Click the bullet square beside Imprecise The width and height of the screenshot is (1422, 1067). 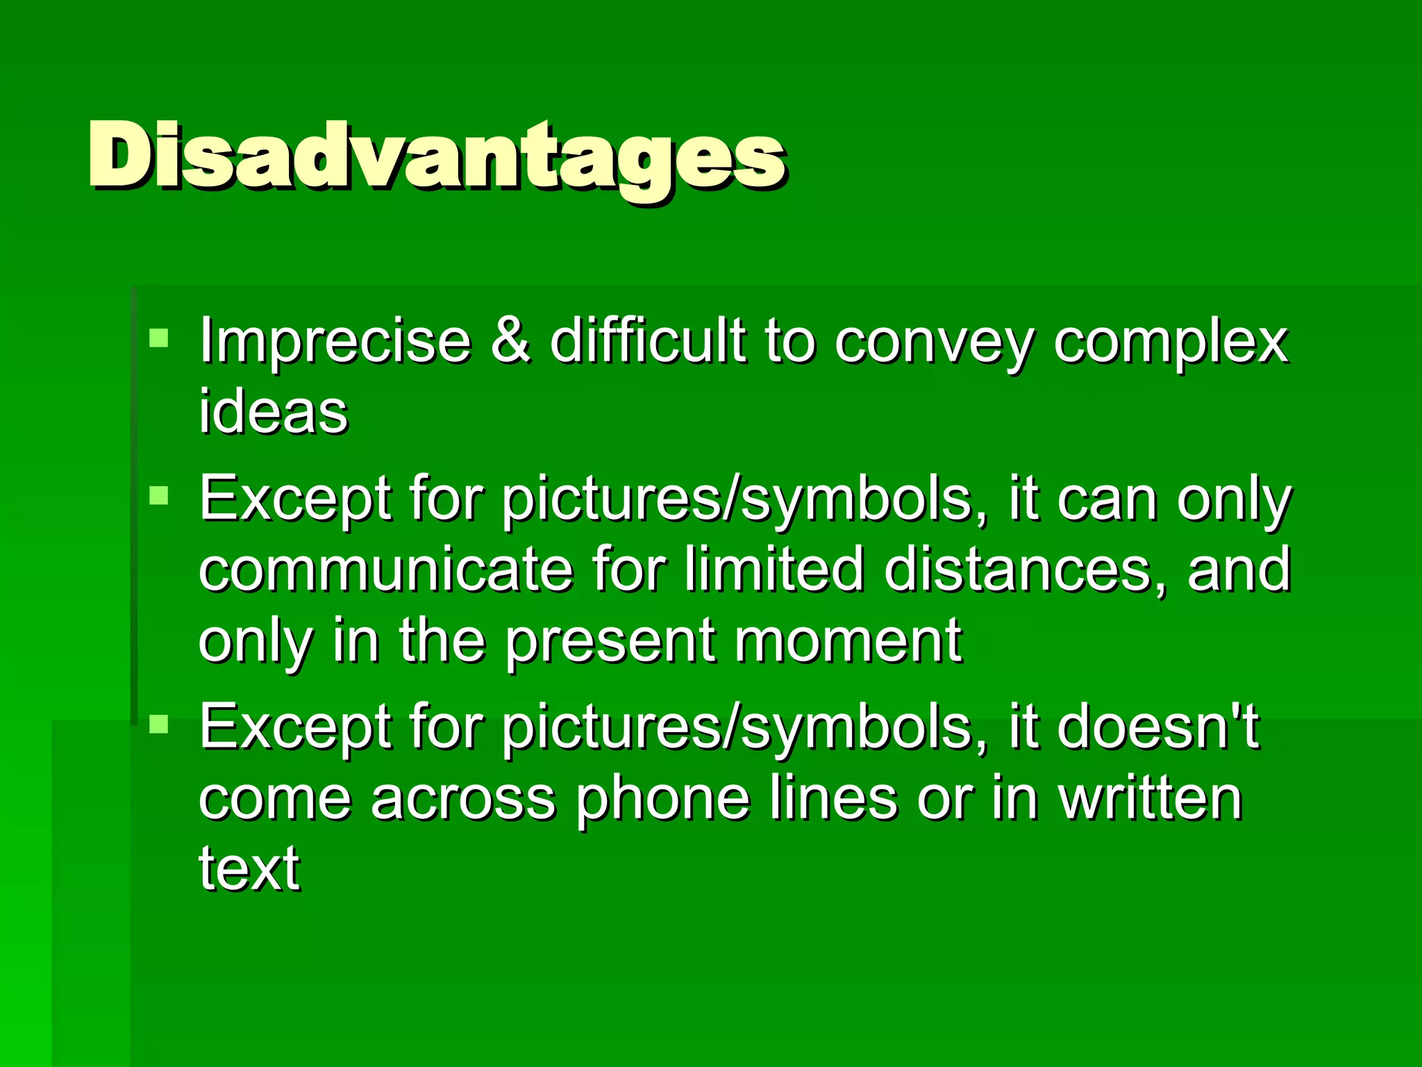[159, 338]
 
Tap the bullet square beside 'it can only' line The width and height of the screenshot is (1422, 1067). [159, 496]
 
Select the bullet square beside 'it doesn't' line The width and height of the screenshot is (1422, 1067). [159, 724]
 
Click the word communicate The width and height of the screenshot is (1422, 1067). [386, 570]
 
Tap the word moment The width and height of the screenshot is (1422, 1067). [848, 640]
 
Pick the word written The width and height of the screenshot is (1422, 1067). [1150, 799]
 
